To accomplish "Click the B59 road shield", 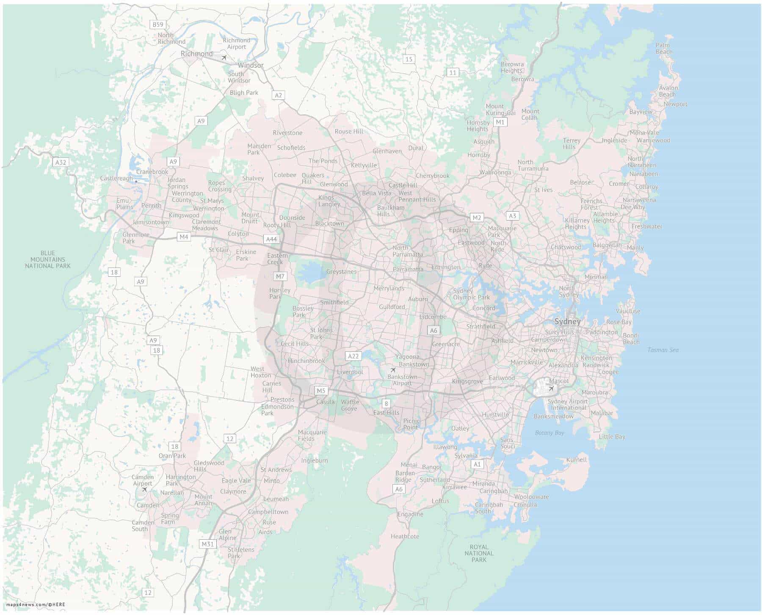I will (158, 25).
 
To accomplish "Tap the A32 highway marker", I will (61, 162).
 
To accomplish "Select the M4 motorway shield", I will (183, 237).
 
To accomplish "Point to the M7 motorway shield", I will (280, 276).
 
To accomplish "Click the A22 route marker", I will (353, 356).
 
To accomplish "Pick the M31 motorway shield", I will (207, 544).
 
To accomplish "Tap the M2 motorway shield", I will (477, 218).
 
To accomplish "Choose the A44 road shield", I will (271, 239).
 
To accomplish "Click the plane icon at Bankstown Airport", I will (393, 370).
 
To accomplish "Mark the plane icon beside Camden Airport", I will (144, 490).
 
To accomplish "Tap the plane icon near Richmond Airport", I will (224, 57).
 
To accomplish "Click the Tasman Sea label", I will (663, 350).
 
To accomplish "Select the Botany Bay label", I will (549, 433).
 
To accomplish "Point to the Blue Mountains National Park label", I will (48, 259).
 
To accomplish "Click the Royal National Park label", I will (479, 553).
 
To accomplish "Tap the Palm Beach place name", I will (663, 48).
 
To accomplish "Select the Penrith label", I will (151, 206).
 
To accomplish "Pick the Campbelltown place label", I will (268, 512).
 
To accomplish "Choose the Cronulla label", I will (525, 505).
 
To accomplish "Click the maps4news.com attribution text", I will (36, 604).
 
